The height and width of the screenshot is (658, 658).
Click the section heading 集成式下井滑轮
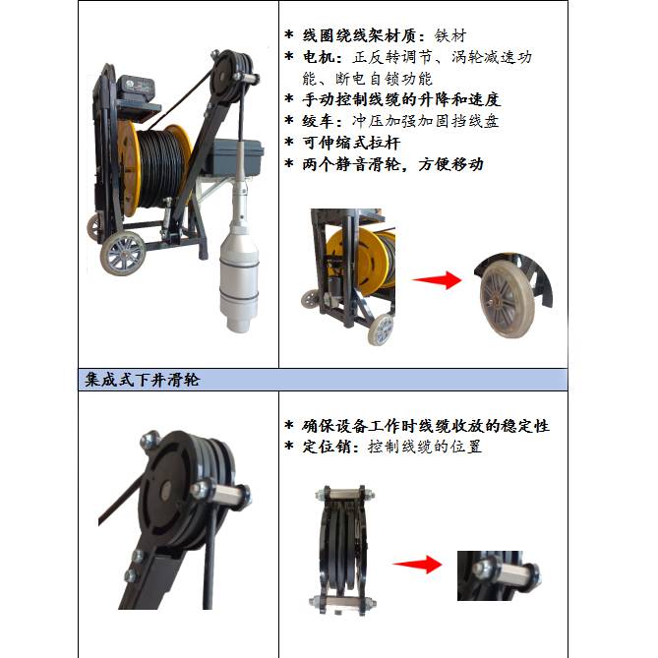click(x=142, y=381)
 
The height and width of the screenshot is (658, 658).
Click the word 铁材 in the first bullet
click(x=450, y=35)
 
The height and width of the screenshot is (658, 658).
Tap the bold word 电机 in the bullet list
click(x=319, y=57)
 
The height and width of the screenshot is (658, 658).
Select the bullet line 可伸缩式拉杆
click(x=351, y=143)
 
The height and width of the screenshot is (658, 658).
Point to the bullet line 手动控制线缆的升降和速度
click(x=401, y=100)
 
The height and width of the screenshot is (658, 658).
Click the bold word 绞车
click(x=319, y=121)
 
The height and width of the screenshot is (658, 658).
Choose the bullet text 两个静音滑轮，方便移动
click(x=392, y=164)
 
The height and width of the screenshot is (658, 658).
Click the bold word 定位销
click(x=327, y=447)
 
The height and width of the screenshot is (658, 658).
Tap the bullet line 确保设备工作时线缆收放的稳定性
click(x=426, y=426)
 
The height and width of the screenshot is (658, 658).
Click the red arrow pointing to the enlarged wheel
click(x=437, y=280)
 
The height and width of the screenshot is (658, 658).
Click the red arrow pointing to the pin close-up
click(x=418, y=564)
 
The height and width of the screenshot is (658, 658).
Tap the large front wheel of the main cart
click(x=123, y=253)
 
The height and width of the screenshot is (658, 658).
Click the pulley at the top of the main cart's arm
click(x=231, y=80)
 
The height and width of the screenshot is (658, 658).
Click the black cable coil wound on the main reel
click(x=160, y=168)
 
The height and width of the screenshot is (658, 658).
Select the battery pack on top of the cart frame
click(x=135, y=89)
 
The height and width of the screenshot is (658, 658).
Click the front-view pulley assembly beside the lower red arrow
click(x=344, y=550)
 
